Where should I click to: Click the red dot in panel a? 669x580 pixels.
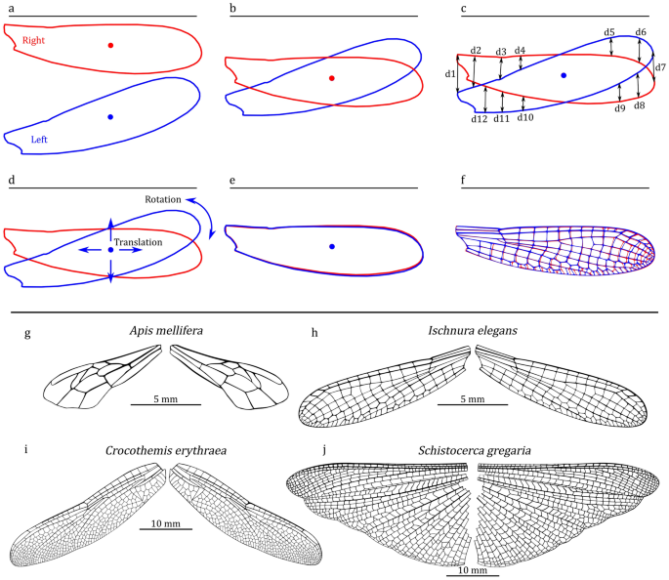click(110, 45)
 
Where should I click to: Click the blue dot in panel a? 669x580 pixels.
click(110, 117)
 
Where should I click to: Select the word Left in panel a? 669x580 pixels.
click(38, 140)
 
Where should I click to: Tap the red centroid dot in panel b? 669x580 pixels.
click(332, 78)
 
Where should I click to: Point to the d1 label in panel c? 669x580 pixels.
click(450, 73)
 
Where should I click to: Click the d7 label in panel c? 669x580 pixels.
click(660, 67)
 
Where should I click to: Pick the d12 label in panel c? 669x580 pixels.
click(479, 118)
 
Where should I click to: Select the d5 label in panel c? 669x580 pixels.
click(608, 32)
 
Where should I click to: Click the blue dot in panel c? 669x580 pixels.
click(564, 74)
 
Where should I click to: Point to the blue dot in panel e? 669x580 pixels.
click(332, 247)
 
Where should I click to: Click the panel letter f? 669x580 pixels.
click(462, 181)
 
